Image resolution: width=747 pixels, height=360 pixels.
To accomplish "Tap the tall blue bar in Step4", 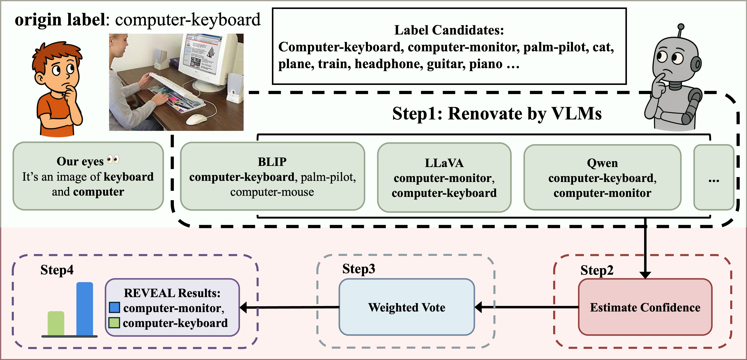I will point(85,309).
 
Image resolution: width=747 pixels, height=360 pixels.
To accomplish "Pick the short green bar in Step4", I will point(56,323).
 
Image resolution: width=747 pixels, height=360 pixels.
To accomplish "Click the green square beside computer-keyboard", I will point(114,323).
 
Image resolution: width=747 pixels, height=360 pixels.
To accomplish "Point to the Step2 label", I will point(597,270).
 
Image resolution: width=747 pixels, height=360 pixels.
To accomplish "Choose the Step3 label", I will point(359,269).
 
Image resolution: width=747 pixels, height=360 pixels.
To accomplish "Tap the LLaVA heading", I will point(444,163).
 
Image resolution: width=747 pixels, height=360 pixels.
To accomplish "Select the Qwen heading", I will point(602,163).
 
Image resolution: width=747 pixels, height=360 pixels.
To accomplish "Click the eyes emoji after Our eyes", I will point(113,159).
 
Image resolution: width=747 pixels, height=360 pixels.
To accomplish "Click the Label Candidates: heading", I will point(449,30).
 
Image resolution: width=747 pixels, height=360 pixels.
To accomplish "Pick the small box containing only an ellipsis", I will point(713,177).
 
